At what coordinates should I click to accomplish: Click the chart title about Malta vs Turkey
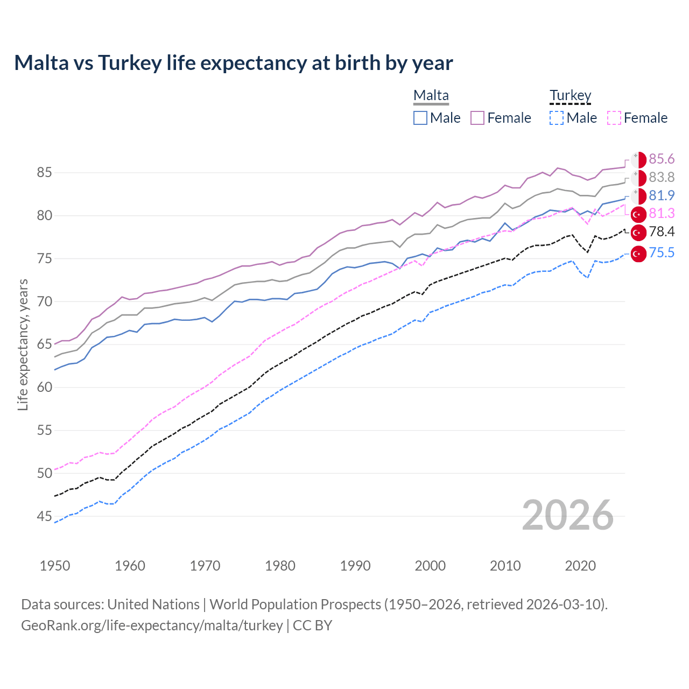[x=233, y=63]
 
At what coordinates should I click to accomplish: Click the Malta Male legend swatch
[x=420, y=118]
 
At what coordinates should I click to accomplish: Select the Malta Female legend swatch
[x=477, y=118]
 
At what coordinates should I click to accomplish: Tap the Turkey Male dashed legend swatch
[x=557, y=118]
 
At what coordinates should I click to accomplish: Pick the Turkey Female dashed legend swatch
[x=614, y=118]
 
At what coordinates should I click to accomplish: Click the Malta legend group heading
[x=431, y=96]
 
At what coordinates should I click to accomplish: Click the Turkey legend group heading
[x=570, y=96]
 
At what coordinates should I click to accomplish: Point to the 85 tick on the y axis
[x=45, y=173]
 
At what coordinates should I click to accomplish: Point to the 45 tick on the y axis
[x=45, y=517]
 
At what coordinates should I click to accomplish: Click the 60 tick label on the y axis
[x=45, y=388]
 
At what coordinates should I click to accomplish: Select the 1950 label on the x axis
[x=55, y=566]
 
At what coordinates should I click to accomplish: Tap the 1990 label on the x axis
[x=355, y=566]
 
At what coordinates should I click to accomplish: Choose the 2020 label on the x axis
[x=580, y=566]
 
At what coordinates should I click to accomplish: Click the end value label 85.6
[x=662, y=159]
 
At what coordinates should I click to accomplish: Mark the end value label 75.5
[x=662, y=252]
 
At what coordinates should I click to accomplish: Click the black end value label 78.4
[x=662, y=232]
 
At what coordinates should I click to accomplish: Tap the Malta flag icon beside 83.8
[x=638, y=178]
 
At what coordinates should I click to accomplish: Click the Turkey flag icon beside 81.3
[x=638, y=214]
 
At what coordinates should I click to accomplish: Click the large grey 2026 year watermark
[x=567, y=515]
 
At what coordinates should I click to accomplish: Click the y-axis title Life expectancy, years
[x=23, y=344]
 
